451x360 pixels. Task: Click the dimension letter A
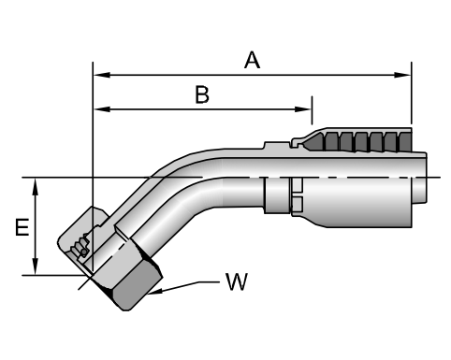point(252,60)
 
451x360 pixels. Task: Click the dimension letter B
point(202,94)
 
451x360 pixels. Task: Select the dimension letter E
point(22,227)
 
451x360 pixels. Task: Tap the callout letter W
point(237,281)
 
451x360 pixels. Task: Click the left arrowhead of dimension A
point(102,75)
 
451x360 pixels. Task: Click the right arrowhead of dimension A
point(402,75)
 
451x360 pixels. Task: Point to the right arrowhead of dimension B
point(303,109)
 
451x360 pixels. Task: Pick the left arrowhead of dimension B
point(102,109)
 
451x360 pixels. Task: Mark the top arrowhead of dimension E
point(36,186)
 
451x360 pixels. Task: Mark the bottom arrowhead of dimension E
point(36,266)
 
